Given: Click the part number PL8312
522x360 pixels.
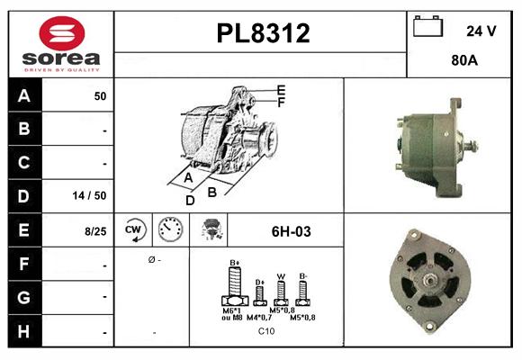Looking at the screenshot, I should [x=263, y=33].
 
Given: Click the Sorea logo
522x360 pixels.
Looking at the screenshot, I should [x=60, y=43].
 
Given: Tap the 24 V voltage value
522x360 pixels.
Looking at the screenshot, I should [x=481, y=30].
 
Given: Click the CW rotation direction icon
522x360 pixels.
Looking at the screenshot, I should [x=134, y=230].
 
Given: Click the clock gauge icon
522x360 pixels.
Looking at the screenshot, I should [x=169, y=230].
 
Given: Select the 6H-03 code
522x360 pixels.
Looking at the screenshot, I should [x=291, y=231].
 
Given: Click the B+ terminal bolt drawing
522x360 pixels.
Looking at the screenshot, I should [x=235, y=287].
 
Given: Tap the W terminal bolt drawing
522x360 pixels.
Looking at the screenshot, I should [x=281, y=291].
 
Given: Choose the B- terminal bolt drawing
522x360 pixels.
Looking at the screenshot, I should [x=303, y=290].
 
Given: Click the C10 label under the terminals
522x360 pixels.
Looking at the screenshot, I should [x=266, y=331].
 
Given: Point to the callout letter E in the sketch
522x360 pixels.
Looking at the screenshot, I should [x=281, y=90].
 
